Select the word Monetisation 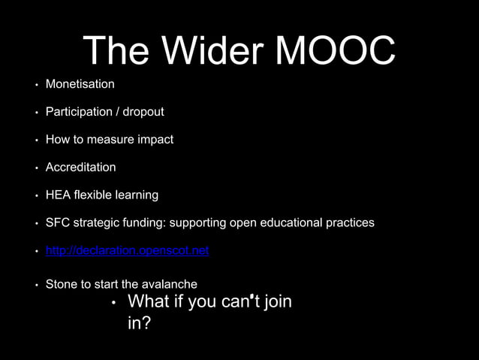pyautogui.click(x=80, y=84)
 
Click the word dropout pyautogui.click(x=143, y=112)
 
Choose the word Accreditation pyautogui.click(x=80, y=167)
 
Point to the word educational pyautogui.click(x=292, y=222)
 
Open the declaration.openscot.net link pyautogui.click(x=127, y=250)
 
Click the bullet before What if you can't pyautogui.click(x=112, y=304)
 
